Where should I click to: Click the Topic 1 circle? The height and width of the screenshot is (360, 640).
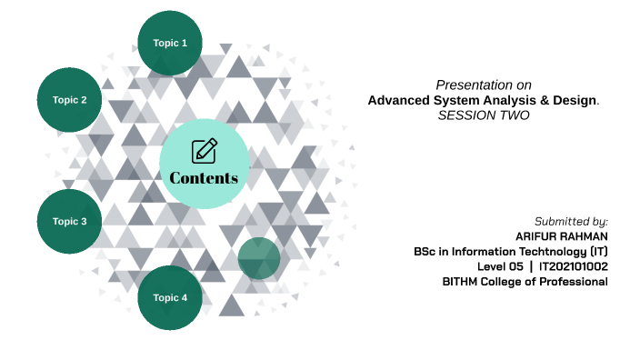click(x=170, y=43)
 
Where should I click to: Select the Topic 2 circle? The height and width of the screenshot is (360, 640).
click(x=69, y=100)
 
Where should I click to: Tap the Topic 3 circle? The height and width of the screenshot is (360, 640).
click(x=69, y=221)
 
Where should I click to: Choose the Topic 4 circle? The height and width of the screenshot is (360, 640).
click(x=170, y=297)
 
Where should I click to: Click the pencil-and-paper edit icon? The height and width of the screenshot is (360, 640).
click(x=205, y=151)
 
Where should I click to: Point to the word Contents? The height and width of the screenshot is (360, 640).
click(x=204, y=177)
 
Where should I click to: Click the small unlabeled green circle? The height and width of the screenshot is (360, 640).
click(x=259, y=258)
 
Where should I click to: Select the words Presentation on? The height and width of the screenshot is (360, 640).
click(x=484, y=84)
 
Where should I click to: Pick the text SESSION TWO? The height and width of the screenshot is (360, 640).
click(x=484, y=115)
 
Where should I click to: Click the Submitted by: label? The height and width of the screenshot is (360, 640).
click(x=571, y=221)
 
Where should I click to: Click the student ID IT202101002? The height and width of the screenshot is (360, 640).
click(x=574, y=266)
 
